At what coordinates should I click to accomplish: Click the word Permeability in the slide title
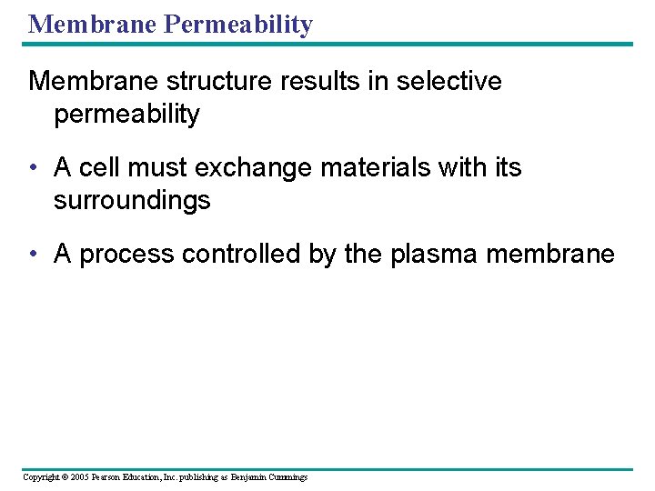coord(237,25)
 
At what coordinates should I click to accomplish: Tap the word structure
coord(194,82)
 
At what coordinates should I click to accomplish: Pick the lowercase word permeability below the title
coord(126,115)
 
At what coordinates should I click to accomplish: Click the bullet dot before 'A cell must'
coord(34,169)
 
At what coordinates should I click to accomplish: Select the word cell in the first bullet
coord(96,168)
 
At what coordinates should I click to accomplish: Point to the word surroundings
coord(132,200)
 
